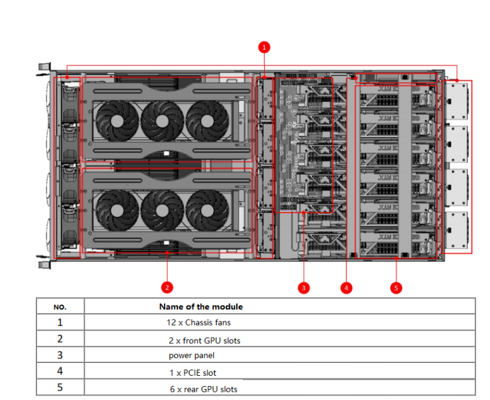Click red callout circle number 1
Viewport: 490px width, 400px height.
264,47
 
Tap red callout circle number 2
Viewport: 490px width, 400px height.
167,287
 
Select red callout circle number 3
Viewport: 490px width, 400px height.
304,288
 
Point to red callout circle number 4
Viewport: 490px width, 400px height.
346,288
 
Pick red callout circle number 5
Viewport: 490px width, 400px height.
396,288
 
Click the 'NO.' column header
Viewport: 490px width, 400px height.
60,307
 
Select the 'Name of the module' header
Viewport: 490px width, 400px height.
201,307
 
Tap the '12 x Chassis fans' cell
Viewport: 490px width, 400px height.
198,323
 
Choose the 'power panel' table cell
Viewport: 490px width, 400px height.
191,355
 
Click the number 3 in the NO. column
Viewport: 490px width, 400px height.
60,355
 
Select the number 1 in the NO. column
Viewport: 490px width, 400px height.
60,323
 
